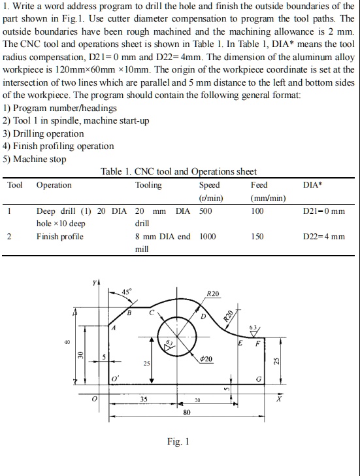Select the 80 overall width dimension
click(187, 412)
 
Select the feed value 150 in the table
click(257, 236)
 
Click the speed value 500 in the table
click(206, 211)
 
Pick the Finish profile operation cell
click(60, 236)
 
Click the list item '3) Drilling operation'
click(44, 133)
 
